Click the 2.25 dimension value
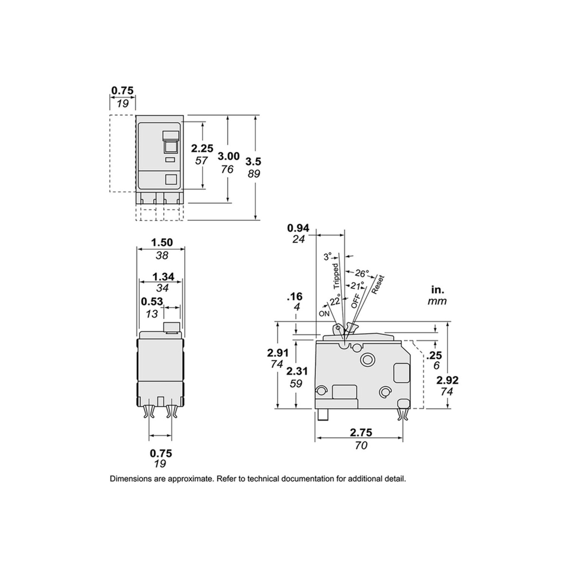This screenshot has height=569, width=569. pos(202,148)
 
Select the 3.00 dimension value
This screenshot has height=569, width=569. pos(229,156)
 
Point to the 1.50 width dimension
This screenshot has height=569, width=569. pos(162,243)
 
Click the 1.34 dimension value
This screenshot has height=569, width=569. pos(163,276)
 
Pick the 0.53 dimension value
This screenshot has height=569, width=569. pos(152,301)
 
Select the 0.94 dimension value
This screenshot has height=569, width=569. pos(298,228)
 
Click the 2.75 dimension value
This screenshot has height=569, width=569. pos(361,432)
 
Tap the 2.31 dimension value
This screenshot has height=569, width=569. pos(296,372)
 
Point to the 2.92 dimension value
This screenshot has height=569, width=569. pos(447,380)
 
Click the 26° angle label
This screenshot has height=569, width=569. pos(362,273)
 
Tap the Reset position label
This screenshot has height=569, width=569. pos(378,284)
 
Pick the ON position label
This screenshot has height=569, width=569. pos(324,313)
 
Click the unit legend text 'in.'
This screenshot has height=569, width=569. pos(438,289)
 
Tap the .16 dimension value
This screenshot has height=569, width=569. pos(294,297)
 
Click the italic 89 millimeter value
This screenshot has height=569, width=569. pos(254,174)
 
